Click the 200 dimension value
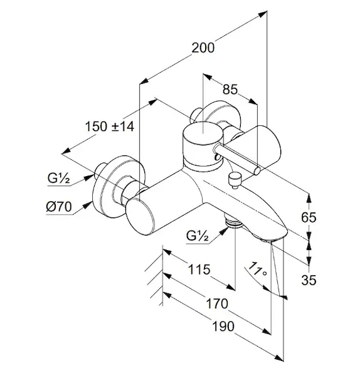(203, 48)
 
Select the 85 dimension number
(230, 90)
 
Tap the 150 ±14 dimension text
(110, 127)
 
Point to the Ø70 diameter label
(59, 206)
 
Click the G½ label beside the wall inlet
(58, 178)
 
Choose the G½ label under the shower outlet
(198, 236)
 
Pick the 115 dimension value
(199, 269)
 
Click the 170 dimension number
(217, 303)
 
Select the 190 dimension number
(223, 326)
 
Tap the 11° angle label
(257, 269)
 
